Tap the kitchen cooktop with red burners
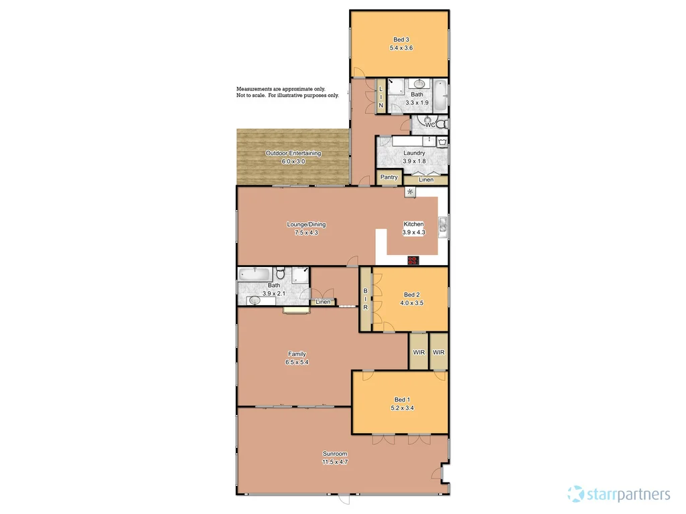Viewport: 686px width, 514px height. click(x=413, y=260)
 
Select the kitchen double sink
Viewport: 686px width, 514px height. click(x=443, y=227)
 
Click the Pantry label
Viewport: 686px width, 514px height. click(x=389, y=177)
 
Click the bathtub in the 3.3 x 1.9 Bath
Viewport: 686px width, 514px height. click(x=439, y=96)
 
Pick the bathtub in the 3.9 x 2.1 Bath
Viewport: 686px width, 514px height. click(x=255, y=274)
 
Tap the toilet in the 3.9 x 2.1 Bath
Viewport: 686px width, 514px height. click(x=281, y=274)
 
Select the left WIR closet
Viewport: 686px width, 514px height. click(x=419, y=352)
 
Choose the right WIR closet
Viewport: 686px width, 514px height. click(x=439, y=352)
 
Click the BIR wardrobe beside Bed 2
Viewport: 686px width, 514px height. click(x=366, y=298)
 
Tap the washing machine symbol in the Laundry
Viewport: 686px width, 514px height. click(x=441, y=143)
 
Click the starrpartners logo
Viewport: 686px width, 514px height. click(x=618, y=495)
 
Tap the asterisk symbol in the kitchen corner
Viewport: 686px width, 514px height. click(x=410, y=192)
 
